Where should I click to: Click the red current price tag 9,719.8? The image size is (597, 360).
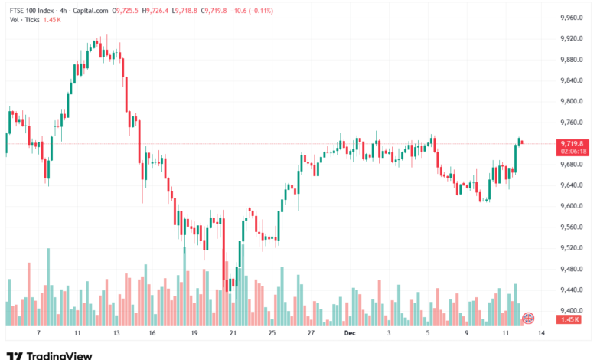(572, 143)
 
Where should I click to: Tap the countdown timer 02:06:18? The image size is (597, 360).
(572, 152)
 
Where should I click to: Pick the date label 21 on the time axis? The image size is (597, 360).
(233, 334)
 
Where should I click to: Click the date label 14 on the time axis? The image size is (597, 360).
(541, 334)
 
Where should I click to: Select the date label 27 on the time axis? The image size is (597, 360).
(311, 334)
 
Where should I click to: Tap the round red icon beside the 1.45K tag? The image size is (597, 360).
(527, 317)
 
